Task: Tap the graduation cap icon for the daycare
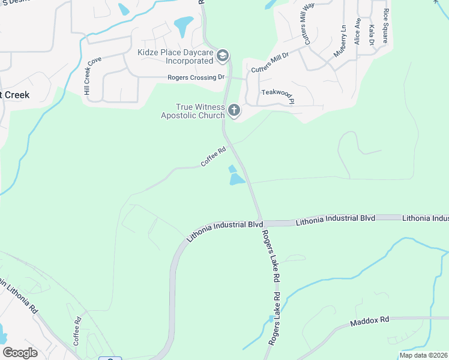pos(223,56)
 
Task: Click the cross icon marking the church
pos(234,110)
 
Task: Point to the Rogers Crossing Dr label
pos(195,77)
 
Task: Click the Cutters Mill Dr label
pos(270,62)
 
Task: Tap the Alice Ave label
pos(358,31)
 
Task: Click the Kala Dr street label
pos(372,35)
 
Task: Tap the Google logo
pos(20,353)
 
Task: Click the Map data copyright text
pos(423,355)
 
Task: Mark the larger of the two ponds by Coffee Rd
pos(237,179)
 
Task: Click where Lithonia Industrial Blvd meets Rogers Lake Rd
pos(261,221)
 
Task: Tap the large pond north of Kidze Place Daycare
pos(183,25)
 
